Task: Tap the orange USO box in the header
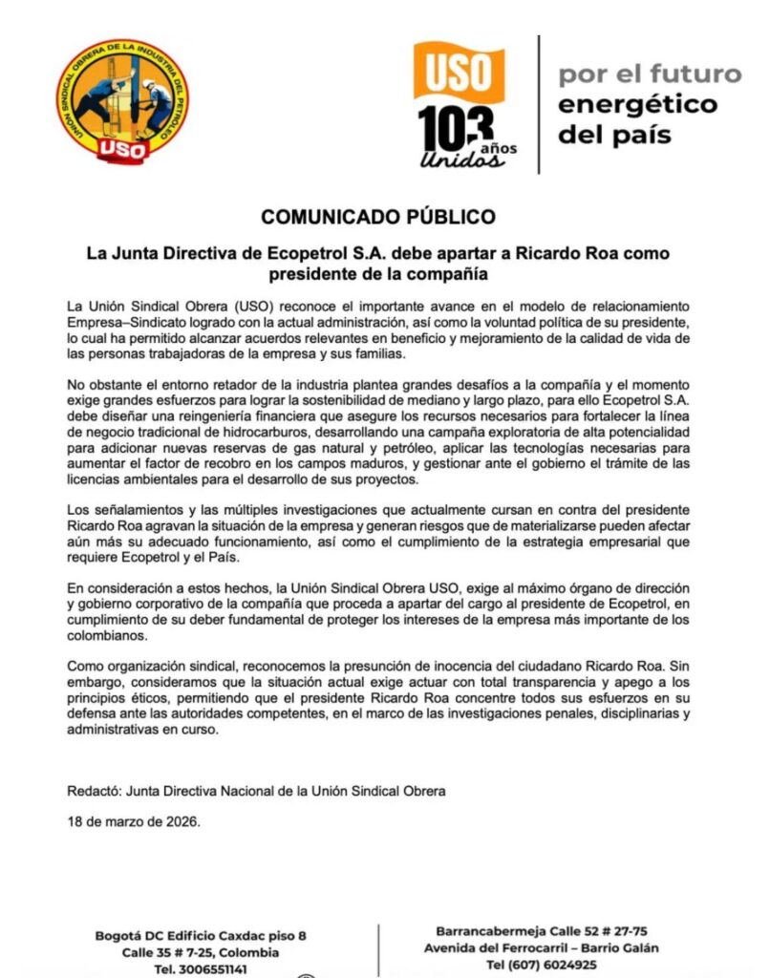459,72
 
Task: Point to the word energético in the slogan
637,104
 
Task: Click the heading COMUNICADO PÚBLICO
378,217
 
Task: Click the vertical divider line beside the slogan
538,105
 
